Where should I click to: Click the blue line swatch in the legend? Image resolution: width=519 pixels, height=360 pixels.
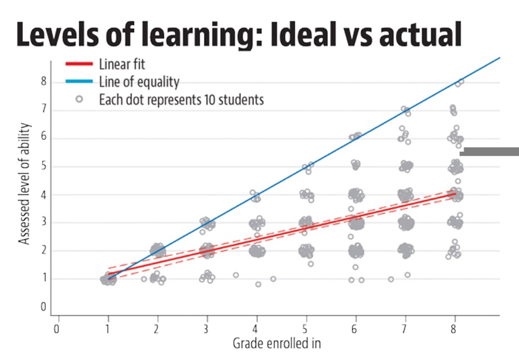[x=79, y=82]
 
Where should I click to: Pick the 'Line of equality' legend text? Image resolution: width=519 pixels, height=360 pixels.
[x=139, y=82]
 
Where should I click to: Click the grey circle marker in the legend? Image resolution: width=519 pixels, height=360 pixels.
[x=79, y=99]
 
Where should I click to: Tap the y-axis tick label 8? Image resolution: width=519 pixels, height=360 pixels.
[x=43, y=81]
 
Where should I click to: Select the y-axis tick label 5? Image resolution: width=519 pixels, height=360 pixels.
[x=43, y=166]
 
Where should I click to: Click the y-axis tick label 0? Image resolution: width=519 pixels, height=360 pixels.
[x=43, y=307]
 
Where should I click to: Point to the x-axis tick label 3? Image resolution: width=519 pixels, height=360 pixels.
[x=206, y=328]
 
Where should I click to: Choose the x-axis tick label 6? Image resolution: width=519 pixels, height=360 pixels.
[x=355, y=328]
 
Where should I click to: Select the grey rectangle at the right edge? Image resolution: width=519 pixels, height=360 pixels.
[x=489, y=151]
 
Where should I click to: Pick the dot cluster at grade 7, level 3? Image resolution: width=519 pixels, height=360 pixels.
[x=405, y=223]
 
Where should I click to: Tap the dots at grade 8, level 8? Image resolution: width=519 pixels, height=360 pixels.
[x=458, y=82]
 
